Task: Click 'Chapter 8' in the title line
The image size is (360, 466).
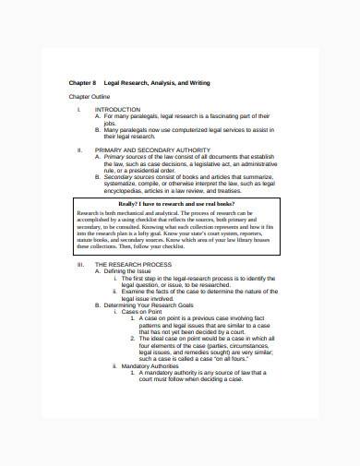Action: pyautogui.click(x=83, y=83)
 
